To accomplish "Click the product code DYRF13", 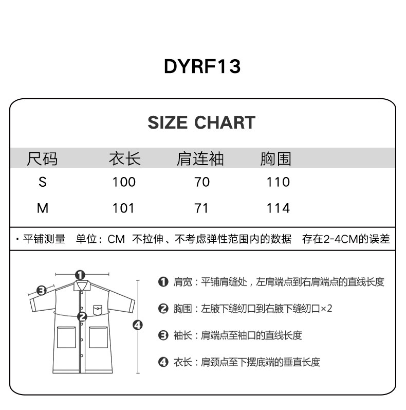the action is coord(202,66).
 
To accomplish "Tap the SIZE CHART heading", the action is coord(201,122).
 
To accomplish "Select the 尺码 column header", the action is coord(42,159).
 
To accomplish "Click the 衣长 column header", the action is coord(124,159).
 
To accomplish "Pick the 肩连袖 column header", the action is coord(200,159).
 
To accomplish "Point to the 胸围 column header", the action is coord(276,159).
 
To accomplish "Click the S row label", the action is coord(43,182).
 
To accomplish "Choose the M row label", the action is coord(43,208).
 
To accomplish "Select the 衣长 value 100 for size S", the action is coord(124,182).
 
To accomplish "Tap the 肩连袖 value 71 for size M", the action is coord(202,208).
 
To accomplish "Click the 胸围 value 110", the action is coord(278,182).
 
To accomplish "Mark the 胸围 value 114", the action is coord(278,208).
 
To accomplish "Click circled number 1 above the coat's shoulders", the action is coord(80,275).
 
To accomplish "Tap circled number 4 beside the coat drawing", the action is coord(137,325).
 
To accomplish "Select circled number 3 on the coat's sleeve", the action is coord(42,290).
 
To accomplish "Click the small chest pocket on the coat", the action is coord(98,310).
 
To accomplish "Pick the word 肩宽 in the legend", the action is coord(182,282).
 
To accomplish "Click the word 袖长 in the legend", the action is coord(182,335).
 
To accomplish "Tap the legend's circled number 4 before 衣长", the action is coord(163,362).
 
